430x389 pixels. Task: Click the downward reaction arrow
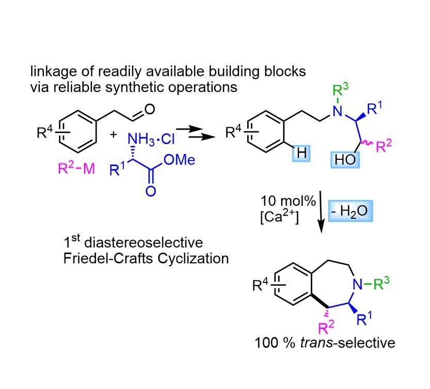point(321,213)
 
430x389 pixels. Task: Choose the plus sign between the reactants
point(113,135)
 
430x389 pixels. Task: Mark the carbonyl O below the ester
point(151,191)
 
